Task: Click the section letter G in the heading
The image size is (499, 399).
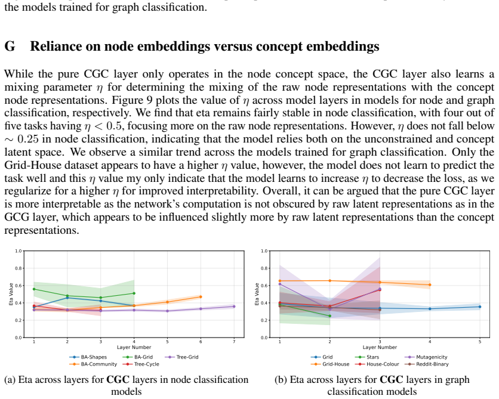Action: coord(10,47)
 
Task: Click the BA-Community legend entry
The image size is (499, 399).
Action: coord(93,364)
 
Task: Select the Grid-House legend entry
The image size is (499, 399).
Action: coord(330,364)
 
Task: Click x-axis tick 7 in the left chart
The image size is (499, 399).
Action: coord(234,342)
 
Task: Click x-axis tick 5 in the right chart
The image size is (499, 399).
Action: coord(480,342)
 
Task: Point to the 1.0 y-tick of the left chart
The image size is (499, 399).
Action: coord(19,251)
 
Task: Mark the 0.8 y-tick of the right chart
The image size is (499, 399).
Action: coord(264,268)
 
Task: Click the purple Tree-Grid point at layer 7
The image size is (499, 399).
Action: coord(234,307)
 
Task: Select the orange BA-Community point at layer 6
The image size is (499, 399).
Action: coord(201,297)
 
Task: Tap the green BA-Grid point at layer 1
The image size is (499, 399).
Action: coord(34,289)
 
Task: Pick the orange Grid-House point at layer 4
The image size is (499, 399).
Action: coord(430,285)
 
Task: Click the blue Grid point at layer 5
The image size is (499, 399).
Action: coord(480,307)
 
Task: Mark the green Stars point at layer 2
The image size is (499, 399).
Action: coord(329,316)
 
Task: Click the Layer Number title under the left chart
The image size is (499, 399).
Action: coord(134,347)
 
